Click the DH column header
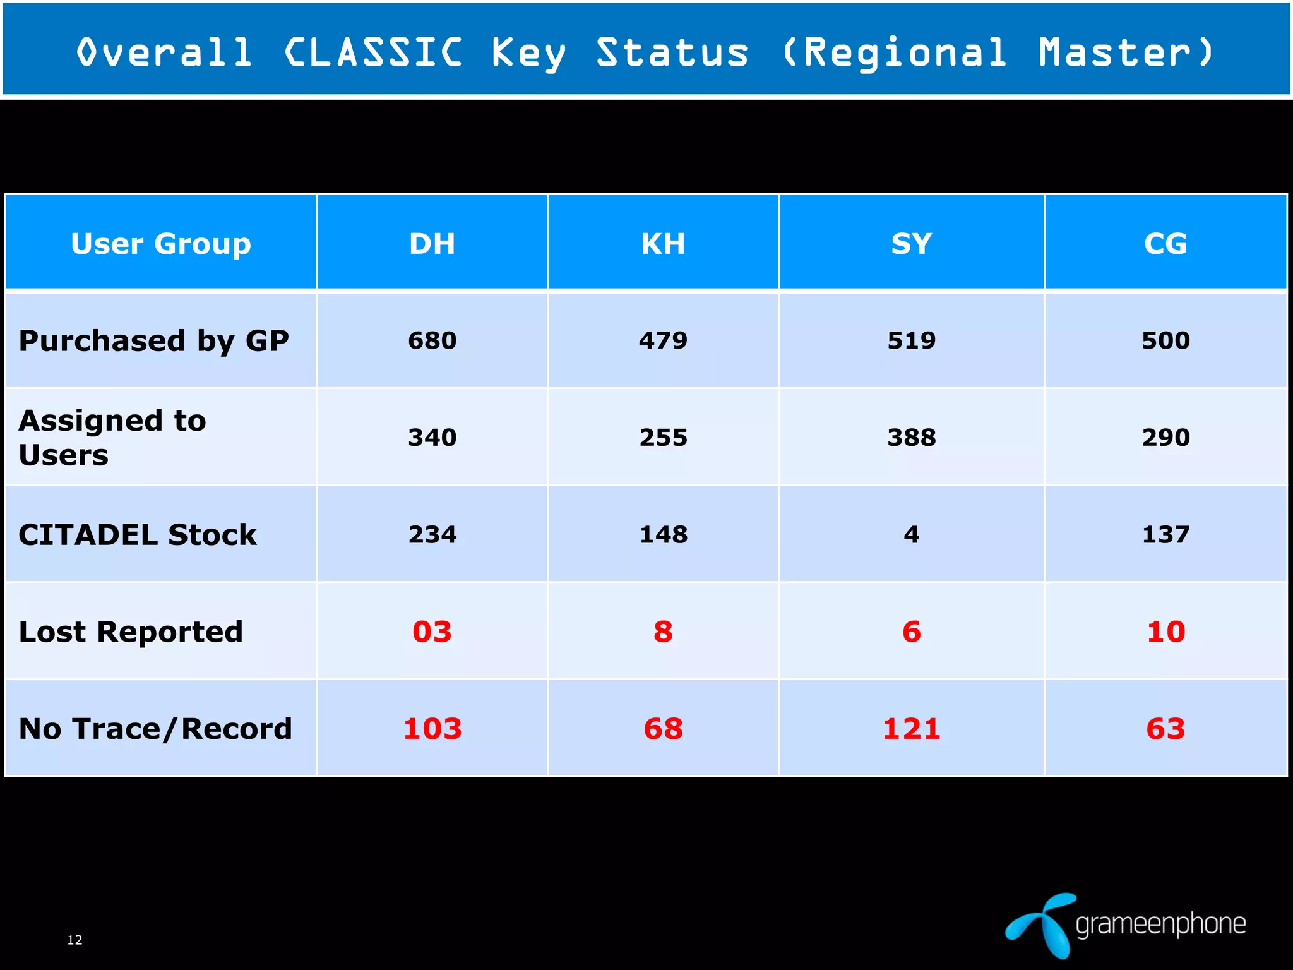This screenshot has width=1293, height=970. (x=432, y=244)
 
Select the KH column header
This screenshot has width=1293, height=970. (x=663, y=244)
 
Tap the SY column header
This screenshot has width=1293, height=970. (x=911, y=244)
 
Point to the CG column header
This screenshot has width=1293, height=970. (x=1165, y=244)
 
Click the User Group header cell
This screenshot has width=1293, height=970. (x=161, y=244)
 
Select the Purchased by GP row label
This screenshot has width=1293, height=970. (x=153, y=341)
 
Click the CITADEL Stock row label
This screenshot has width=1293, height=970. (x=138, y=535)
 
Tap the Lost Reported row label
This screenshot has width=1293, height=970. (x=131, y=632)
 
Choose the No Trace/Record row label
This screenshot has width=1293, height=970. (x=155, y=729)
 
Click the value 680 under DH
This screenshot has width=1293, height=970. (x=432, y=341)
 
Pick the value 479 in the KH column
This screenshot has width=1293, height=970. (x=663, y=341)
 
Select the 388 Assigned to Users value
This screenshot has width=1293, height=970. (x=911, y=438)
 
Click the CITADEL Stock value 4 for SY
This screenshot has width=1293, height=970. (x=911, y=535)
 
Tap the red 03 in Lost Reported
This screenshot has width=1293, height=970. (x=432, y=632)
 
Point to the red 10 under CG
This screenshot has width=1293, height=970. (x=1165, y=632)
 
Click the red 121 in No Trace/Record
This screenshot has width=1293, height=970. (x=911, y=729)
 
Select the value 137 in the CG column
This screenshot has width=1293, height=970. (x=1165, y=535)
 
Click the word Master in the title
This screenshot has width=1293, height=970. (x=1115, y=52)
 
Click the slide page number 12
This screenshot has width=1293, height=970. (x=74, y=940)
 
